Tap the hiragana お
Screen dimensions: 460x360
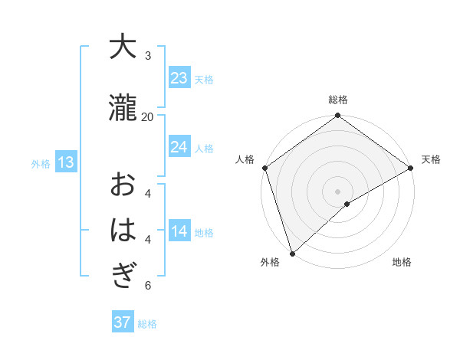pos(122,185)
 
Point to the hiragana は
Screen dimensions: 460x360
pos(122,231)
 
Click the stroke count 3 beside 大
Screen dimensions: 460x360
pos(148,55)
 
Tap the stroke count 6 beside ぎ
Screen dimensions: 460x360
pos(148,286)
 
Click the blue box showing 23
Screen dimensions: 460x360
pos(179,78)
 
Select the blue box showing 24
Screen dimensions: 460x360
pos(179,147)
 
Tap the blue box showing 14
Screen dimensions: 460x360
pos(179,232)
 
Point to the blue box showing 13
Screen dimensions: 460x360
pos(65,162)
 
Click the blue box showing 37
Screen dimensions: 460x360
pos(122,322)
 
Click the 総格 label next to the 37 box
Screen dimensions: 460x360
pos(147,324)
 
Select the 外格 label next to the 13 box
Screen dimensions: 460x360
pos(40,163)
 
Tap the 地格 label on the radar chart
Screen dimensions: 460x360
pos(402,262)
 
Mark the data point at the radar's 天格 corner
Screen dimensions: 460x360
pos(411,168)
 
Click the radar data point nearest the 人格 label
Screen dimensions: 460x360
pos(264,168)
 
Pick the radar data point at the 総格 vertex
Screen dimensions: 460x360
pos(337,116)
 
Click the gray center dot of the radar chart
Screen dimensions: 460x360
pos(337,191)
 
